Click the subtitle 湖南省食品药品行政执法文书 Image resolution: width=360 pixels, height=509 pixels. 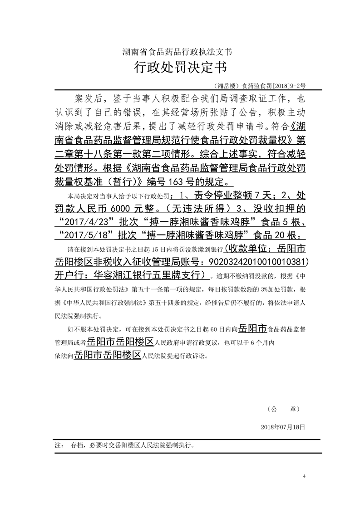click(x=180, y=52)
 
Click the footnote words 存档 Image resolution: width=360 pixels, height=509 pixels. click(x=77, y=445)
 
